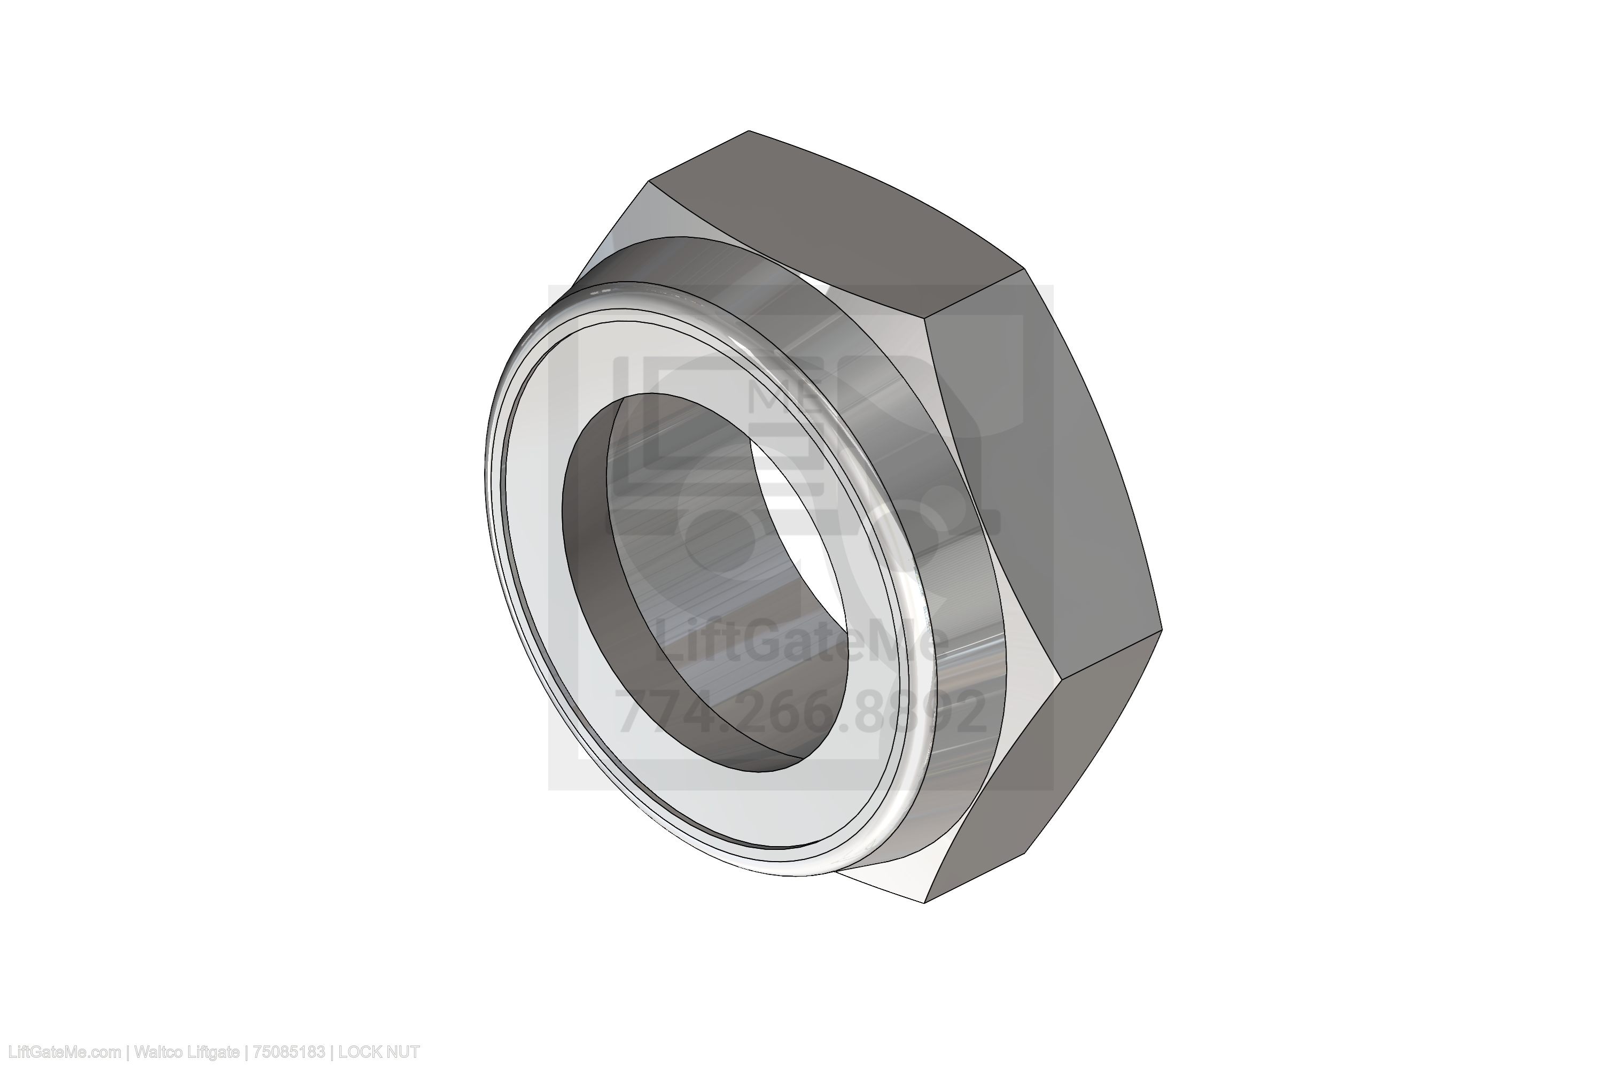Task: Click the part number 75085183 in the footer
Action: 289,1052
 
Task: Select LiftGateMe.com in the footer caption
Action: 62,1052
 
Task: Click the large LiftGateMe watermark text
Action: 801,639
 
